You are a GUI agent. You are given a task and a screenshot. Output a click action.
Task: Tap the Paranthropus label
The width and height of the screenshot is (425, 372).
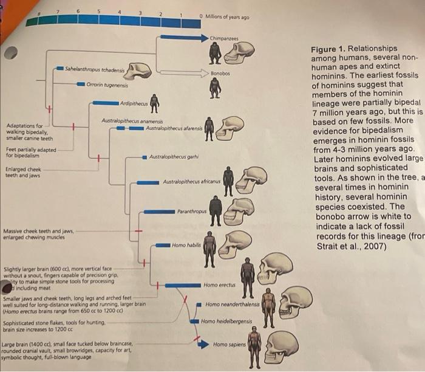click(x=192, y=211)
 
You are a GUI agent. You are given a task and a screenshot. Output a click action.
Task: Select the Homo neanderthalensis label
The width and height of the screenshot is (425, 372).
click(x=232, y=304)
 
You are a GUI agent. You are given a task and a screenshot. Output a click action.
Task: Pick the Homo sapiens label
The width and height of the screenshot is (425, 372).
click(x=229, y=345)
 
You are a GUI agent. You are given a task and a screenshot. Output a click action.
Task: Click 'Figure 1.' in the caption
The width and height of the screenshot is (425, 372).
click(x=328, y=49)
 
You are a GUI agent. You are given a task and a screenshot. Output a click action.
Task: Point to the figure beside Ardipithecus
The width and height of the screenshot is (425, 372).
click(x=155, y=103)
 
